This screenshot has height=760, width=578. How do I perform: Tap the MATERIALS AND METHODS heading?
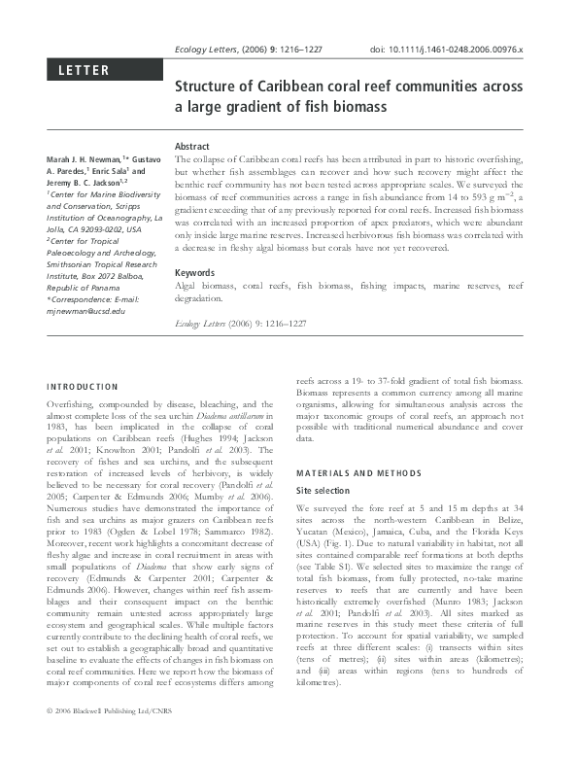(x=351, y=473)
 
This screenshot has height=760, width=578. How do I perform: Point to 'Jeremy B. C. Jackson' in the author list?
(x=88, y=181)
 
